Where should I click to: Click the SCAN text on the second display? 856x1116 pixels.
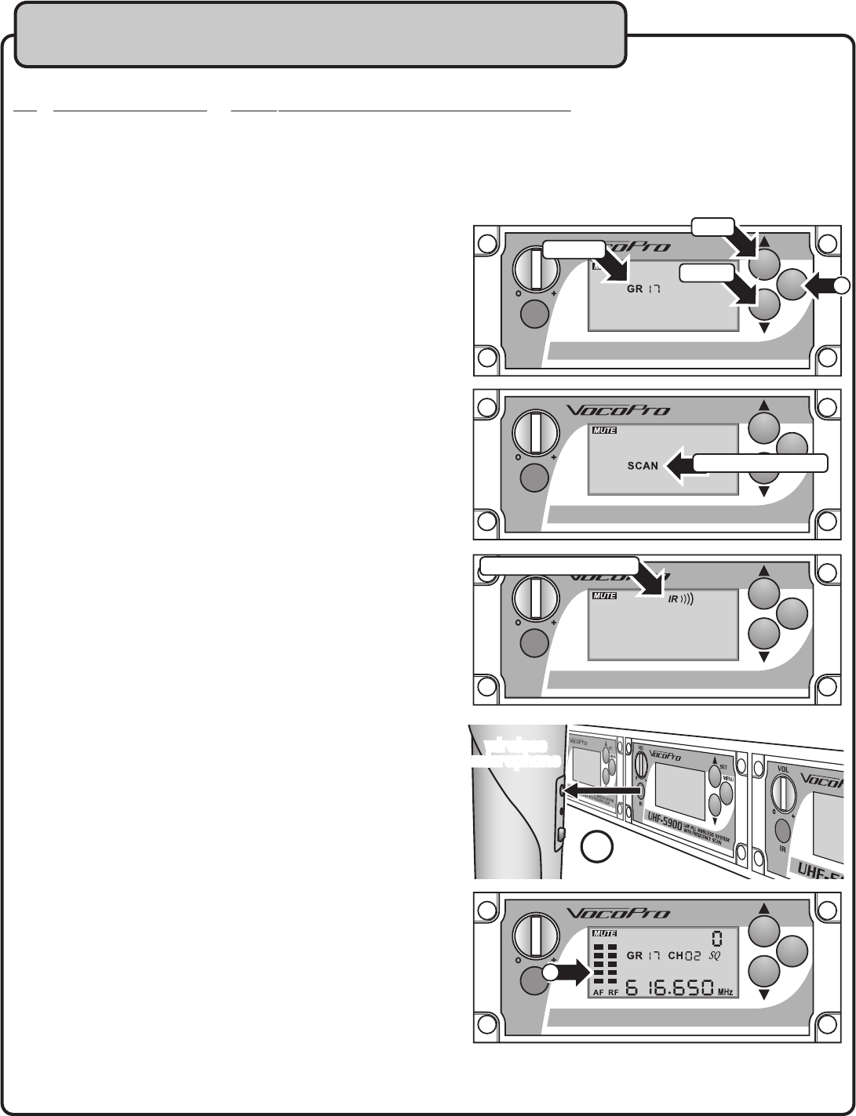[x=643, y=466]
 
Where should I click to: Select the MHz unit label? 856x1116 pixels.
[x=726, y=992]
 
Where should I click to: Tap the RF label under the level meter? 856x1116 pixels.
[x=614, y=992]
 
